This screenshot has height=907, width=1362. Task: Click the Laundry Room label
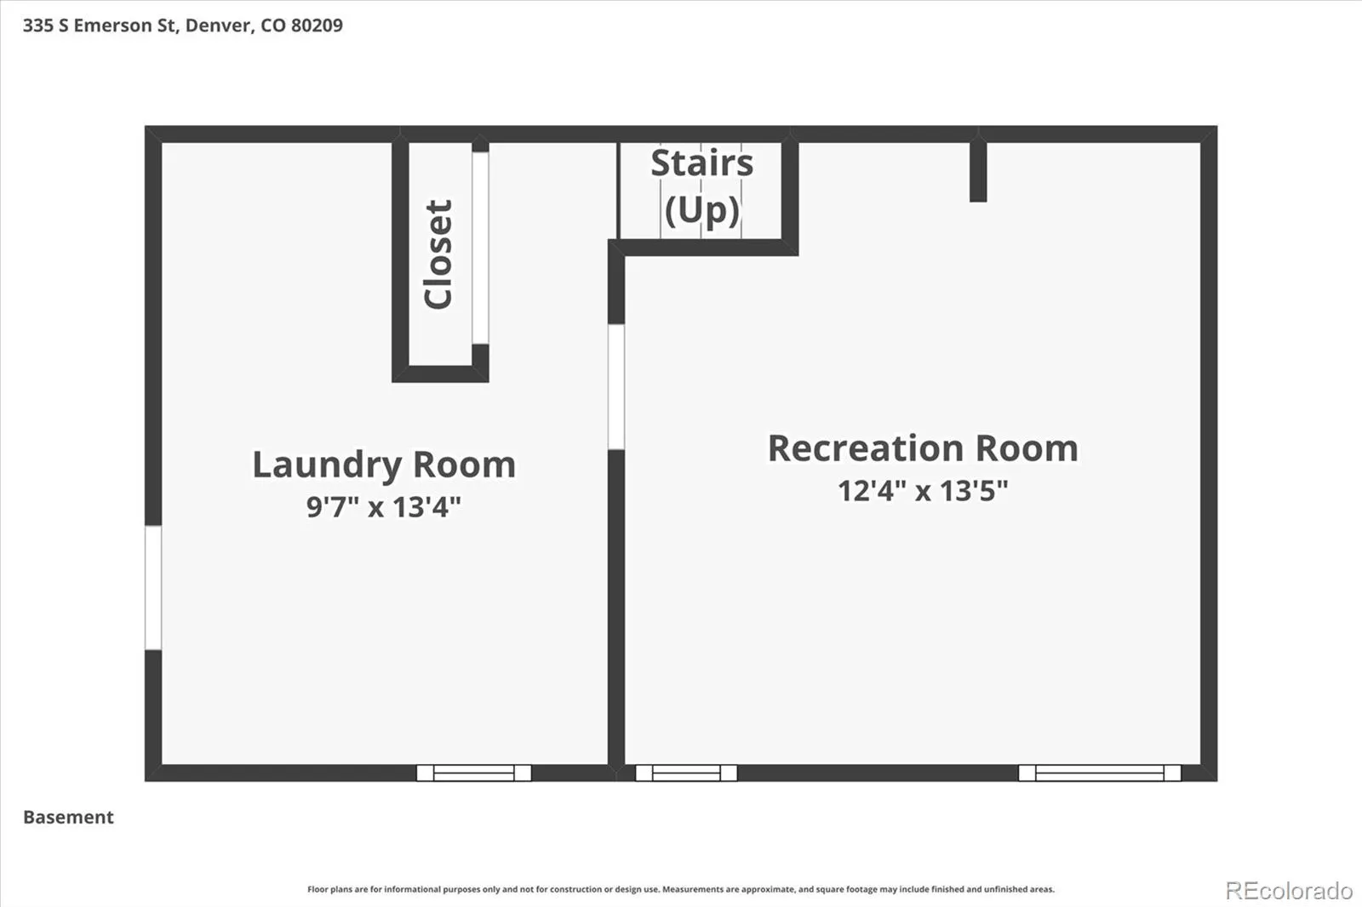pyautogui.click(x=384, y=465)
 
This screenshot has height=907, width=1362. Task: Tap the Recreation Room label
pyautogui.click(x=923, y=448)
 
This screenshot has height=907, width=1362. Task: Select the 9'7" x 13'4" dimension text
pyautogui.click(x=384, y=506)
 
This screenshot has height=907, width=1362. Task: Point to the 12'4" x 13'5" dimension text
pyautogui.click(x=923, y=490)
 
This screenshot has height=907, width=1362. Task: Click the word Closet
pyautogui.click(x=438, y=254)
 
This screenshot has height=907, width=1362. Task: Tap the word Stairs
pyautogui.click(x=701, y=163)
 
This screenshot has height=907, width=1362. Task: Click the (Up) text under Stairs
pyautogui.click(x=701, y=210)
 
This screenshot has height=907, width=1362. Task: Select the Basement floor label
pyautogui.click(x=68, y=817)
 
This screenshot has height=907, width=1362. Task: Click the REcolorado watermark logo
pyautogui.click(x=1289, y=891)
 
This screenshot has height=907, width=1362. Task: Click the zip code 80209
pyautogui.click(x=317, y=25)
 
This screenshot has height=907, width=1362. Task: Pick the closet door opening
pyautogui.click(x=480, y=248)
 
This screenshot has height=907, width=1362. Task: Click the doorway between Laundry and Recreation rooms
pyautogui.click(x=616, y=387)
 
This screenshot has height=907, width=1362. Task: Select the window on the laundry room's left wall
pyautogui.click(x=153, y=588)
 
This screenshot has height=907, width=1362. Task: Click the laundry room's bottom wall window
pyautogui.click(x=473, y=773)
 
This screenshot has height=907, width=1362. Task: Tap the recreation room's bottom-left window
pyautogui.click(x=686, y=773)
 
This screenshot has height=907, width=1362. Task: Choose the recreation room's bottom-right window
pyautogui.click(x=1099, y=773)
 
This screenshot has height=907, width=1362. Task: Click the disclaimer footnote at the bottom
pyautogui.click(x=681, y=889)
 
